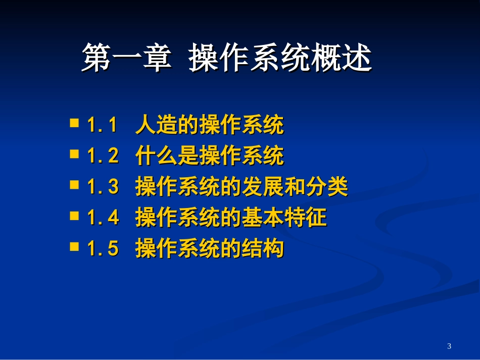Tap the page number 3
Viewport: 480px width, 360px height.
click(x=449, y=346)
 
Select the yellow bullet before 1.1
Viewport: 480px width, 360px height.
click(x=74, y=123)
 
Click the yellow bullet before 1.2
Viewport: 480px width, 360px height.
click(x=74, y=153)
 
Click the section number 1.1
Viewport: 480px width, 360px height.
click(x=103, y=125)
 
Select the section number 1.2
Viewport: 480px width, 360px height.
click(x=103, y=157)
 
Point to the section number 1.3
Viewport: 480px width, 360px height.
click(x=103, y=187)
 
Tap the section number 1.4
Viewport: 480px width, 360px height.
click(x=103, y=218)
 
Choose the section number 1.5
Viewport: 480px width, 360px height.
click(x=103, y=249)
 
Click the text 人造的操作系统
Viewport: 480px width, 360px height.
click(x=210, y=125)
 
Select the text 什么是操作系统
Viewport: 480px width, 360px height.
click(x=210, y=157)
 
